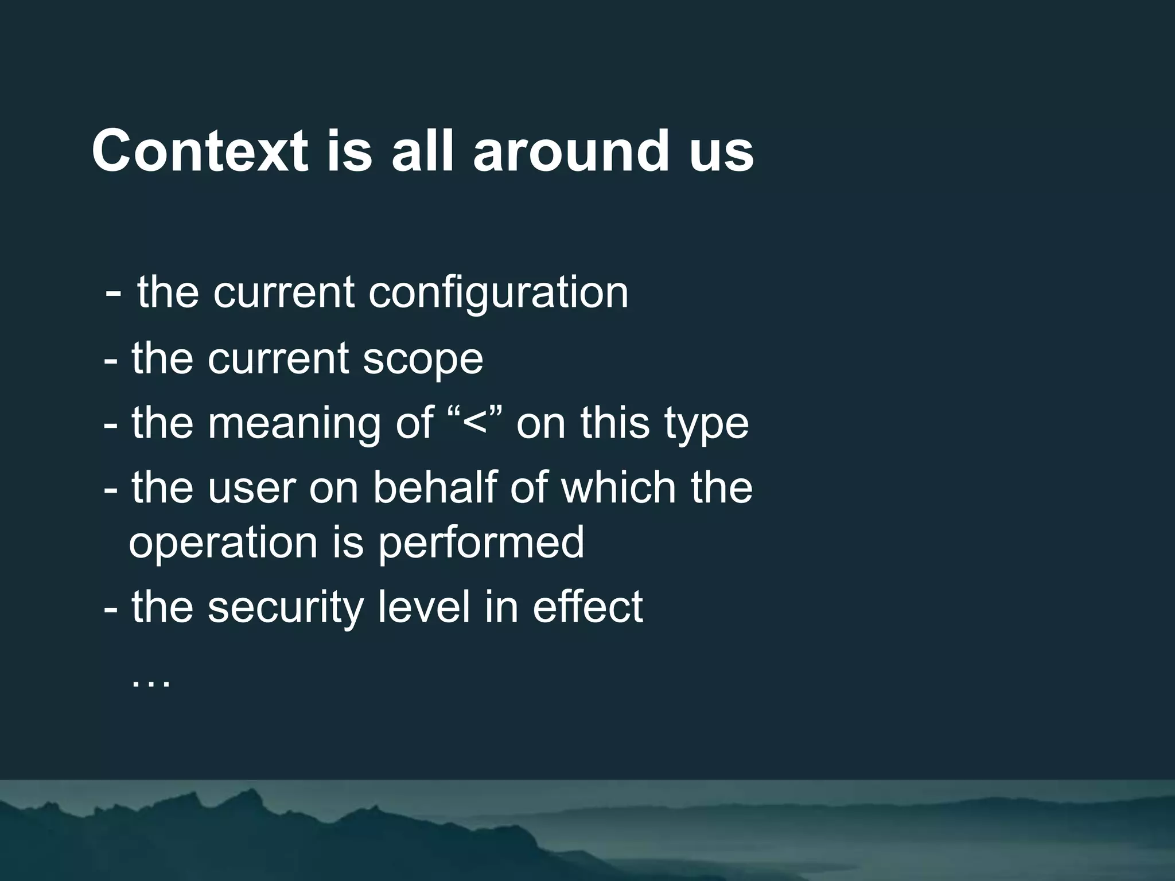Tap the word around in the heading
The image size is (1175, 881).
click(571, 151)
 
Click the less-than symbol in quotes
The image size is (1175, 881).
click(474, 423)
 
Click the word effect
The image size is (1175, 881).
click(587, 607)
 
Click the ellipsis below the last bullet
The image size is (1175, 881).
click(151, 683)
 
